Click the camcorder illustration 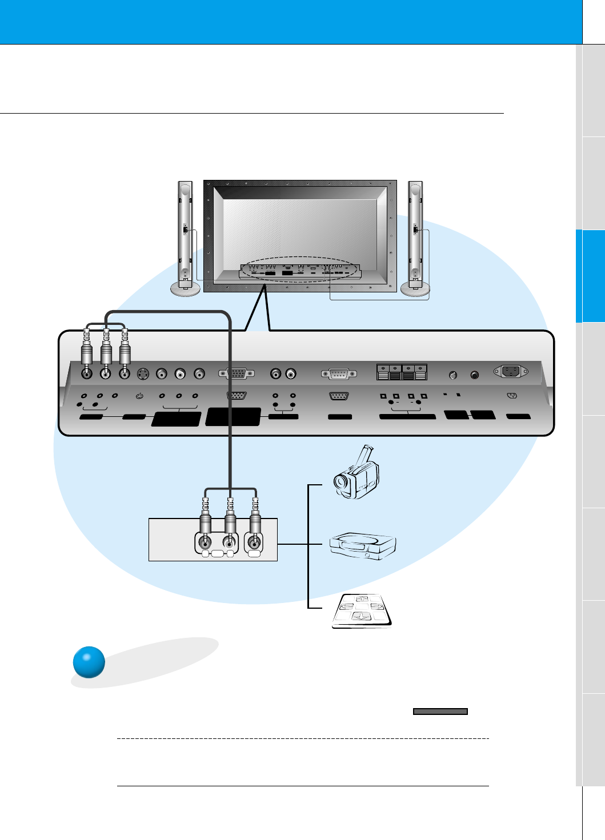pos(356,473)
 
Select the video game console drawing pos(363,545)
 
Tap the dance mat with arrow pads pos(362,610)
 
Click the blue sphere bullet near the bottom pos(89,662)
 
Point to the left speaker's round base pos(186,290)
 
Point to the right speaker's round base pos(415,290)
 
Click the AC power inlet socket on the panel pos(510,372)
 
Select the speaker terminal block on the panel pos(402,372)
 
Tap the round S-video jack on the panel pos(143,374)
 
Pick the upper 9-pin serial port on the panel pos(339,374)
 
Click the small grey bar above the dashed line pos(440,712)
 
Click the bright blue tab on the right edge pos(590,276)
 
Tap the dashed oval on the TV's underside pos(300,270)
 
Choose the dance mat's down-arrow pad pos(361,616)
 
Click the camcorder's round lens pos(342,481)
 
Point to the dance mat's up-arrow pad pos(361,599)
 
